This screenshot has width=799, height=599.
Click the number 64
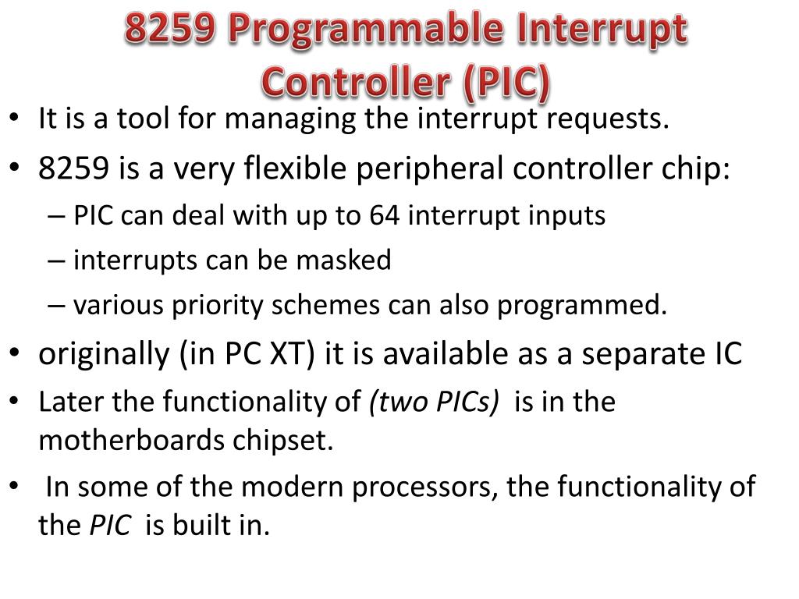tap(384, 216)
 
